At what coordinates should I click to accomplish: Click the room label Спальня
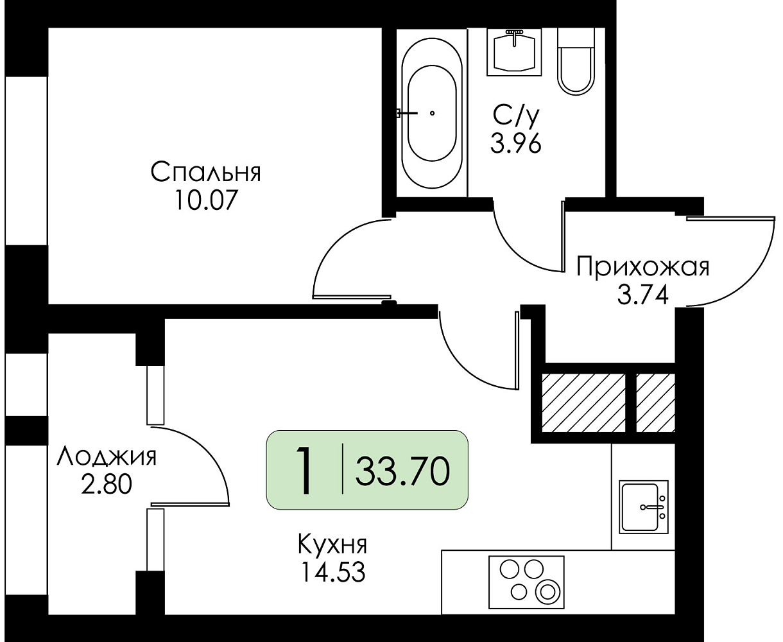coord(205,172)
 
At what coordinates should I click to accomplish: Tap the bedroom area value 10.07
coord(205,200)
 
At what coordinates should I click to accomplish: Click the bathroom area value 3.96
coord(515,143)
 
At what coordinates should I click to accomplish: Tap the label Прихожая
coord(642,266)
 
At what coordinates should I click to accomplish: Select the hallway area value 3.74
coord(642,295)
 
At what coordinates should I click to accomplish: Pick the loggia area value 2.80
coord(107,485)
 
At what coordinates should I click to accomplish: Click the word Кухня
coord(332,544)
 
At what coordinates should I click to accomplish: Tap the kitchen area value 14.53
coord(332,572)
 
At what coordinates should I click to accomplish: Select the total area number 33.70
coord(402,472)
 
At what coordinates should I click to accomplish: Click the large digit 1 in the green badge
coord(305,471)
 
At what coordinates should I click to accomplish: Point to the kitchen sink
coord(643,507)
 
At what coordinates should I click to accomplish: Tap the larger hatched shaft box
coord(583,403)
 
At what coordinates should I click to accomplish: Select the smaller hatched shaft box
coord(656,403)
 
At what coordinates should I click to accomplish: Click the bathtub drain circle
coord(432,113)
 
